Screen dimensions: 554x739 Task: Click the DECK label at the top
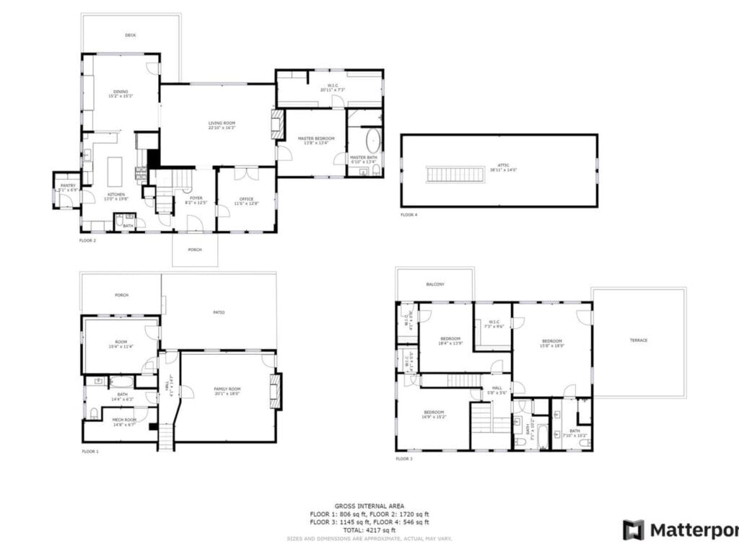(x=130, y=35)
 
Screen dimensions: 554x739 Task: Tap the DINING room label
(x=120, y=92)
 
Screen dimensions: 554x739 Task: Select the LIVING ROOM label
(x=222, y=123)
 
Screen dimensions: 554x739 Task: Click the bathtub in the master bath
(x=372, y=140)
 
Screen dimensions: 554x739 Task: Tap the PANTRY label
(x=68, y=186)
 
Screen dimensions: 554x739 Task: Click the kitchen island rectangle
(x=115, y=172)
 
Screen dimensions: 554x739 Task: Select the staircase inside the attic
(x=455, y=174)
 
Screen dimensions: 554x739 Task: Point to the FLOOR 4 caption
(x=409, y=215)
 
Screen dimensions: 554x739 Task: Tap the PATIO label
(x=219, y=312)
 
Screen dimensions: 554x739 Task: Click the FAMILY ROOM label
(x=227, y=389)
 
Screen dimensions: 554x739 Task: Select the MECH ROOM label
(x=124, y=419)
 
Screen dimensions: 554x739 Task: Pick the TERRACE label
(x=638, y=340)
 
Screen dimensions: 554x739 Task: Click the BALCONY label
(x=435, y=284)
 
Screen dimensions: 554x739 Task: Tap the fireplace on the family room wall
(x=275, y=390)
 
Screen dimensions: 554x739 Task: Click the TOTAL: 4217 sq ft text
(x=369, y=530)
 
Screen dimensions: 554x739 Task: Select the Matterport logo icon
(x=634, y=529)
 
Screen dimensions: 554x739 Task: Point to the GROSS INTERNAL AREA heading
(x=369, y=506)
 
